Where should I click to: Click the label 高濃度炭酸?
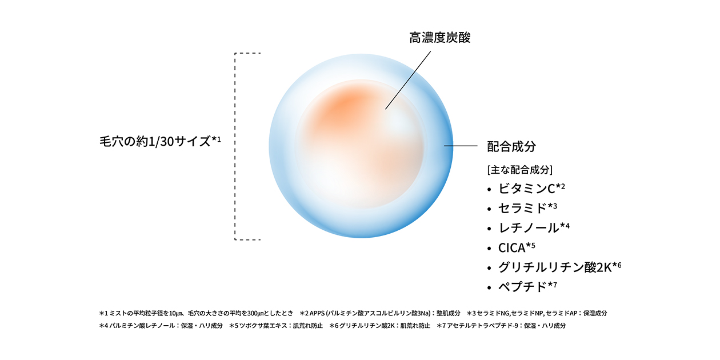point(440,38)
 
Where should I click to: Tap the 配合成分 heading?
point(511,146)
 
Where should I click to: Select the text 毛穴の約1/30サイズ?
point(155,142)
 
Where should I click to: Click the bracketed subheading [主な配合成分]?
point(520,170)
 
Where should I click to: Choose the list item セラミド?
point(523,208)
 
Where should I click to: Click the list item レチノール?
point(529,227)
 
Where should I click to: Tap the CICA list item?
point(512,247)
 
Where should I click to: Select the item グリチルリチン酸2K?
point(555,267)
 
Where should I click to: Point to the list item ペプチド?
point(523,286)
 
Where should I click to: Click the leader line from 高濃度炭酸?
point(408,81)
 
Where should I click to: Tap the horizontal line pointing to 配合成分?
point(461,146)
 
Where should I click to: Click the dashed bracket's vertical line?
point(235,146)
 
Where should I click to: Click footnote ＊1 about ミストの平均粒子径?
point(196,313)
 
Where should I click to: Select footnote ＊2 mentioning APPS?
point(380,313)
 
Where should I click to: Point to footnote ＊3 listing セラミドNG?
point(537,313)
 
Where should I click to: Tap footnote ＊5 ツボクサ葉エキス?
point(276,326)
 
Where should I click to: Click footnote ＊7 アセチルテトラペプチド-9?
point(501,326)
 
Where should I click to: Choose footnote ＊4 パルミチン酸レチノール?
point(161,326)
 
